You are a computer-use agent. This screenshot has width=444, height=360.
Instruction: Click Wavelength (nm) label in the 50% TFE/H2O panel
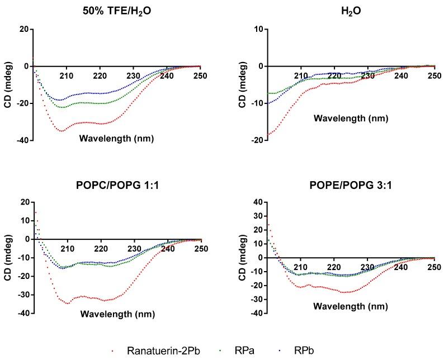117,138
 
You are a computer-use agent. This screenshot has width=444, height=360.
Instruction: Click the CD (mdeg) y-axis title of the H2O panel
242,84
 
